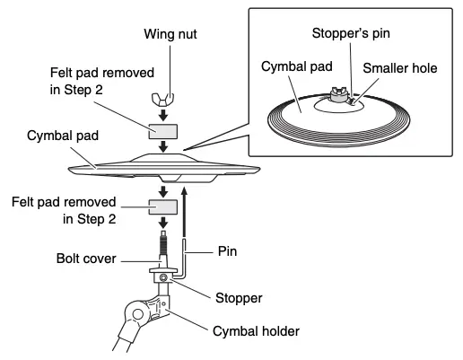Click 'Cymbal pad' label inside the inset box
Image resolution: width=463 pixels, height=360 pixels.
pos(296,67)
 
